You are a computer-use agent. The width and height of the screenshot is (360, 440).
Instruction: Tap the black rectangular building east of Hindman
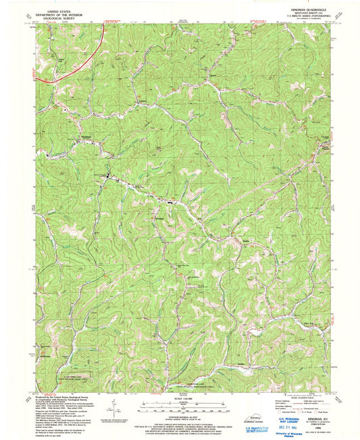pos(170,200)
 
